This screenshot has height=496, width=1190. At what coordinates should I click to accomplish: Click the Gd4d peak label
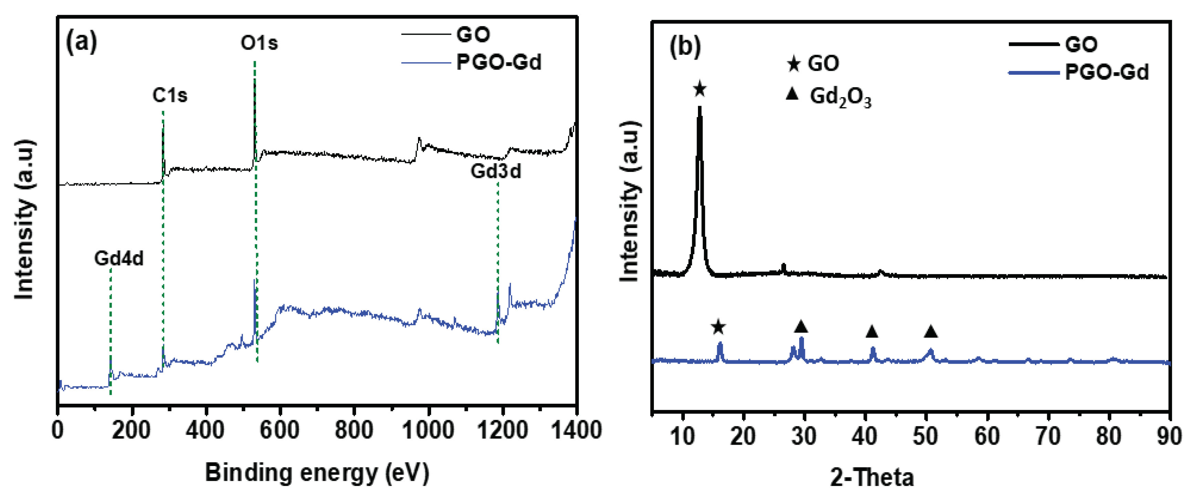[119, 258]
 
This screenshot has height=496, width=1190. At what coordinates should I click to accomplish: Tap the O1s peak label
[259, 43]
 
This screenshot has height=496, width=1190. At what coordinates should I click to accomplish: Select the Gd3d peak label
[496, 172]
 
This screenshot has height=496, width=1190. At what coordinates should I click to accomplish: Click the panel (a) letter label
[81, 42]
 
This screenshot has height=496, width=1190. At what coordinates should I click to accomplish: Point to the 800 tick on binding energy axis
[354, 430]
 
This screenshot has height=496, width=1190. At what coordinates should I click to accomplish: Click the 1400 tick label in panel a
[576, 430]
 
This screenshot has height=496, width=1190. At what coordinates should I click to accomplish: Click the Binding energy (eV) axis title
[317, 473]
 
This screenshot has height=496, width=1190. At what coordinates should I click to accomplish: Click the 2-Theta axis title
[872, 477]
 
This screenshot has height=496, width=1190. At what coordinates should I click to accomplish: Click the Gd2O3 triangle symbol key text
[840, 97]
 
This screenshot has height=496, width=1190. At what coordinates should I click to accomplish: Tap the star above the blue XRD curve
[718, 327]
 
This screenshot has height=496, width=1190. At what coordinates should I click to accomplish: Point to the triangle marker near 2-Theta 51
[931, 331]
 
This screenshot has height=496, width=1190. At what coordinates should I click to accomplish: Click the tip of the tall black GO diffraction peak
[699, 108]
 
